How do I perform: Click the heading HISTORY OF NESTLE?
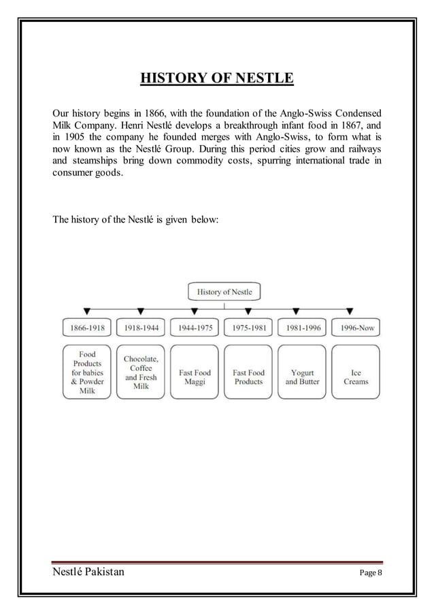[216, 80]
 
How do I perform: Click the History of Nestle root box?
[224, 292]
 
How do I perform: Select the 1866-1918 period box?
[87, 327]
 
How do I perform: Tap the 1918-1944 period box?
[141, 327]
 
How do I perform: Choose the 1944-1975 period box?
[195, 327]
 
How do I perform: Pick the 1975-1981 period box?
[248, 327]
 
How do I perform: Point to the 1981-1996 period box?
[302, 327]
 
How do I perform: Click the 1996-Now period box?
[356, 327]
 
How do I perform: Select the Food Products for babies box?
[87, 372]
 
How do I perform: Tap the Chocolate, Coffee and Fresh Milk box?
[141, 372]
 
